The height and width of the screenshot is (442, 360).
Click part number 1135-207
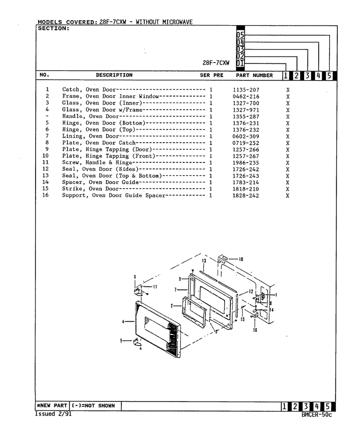point(246,90)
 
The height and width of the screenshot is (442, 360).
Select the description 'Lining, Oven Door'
point(90,136)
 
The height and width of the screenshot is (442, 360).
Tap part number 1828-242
point(246,196)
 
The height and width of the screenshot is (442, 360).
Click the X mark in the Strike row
point(288,189)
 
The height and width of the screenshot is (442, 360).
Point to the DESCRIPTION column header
point(114,75)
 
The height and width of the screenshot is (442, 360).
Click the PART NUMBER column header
point(254,75)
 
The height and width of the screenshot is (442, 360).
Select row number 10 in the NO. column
point(45,156)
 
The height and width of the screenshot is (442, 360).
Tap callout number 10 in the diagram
point(241,259)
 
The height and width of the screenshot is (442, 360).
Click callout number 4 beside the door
point(123,321)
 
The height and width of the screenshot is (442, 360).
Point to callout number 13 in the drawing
point(204,261)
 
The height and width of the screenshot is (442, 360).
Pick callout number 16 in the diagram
point(255,330)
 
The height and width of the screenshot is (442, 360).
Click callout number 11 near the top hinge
point(155,287)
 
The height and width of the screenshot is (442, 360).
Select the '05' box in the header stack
point(240,35)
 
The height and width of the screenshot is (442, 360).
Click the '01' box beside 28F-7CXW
point(240,63)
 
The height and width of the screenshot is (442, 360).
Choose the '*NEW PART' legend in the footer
point(52,406)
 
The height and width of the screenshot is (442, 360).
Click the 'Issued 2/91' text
point(53,414)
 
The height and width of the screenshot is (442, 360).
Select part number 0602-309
point(246,136)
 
